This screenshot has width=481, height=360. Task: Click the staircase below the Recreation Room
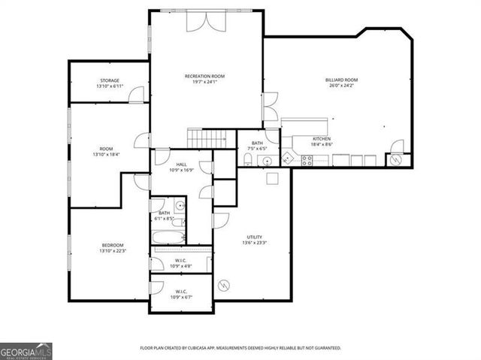point(206,138)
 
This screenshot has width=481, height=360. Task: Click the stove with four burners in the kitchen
point(307,159)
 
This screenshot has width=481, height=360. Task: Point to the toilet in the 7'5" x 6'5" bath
point(247,159)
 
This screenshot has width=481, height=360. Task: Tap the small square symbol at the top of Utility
point(272,178)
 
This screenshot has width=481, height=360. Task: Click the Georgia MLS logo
point(26,351)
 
